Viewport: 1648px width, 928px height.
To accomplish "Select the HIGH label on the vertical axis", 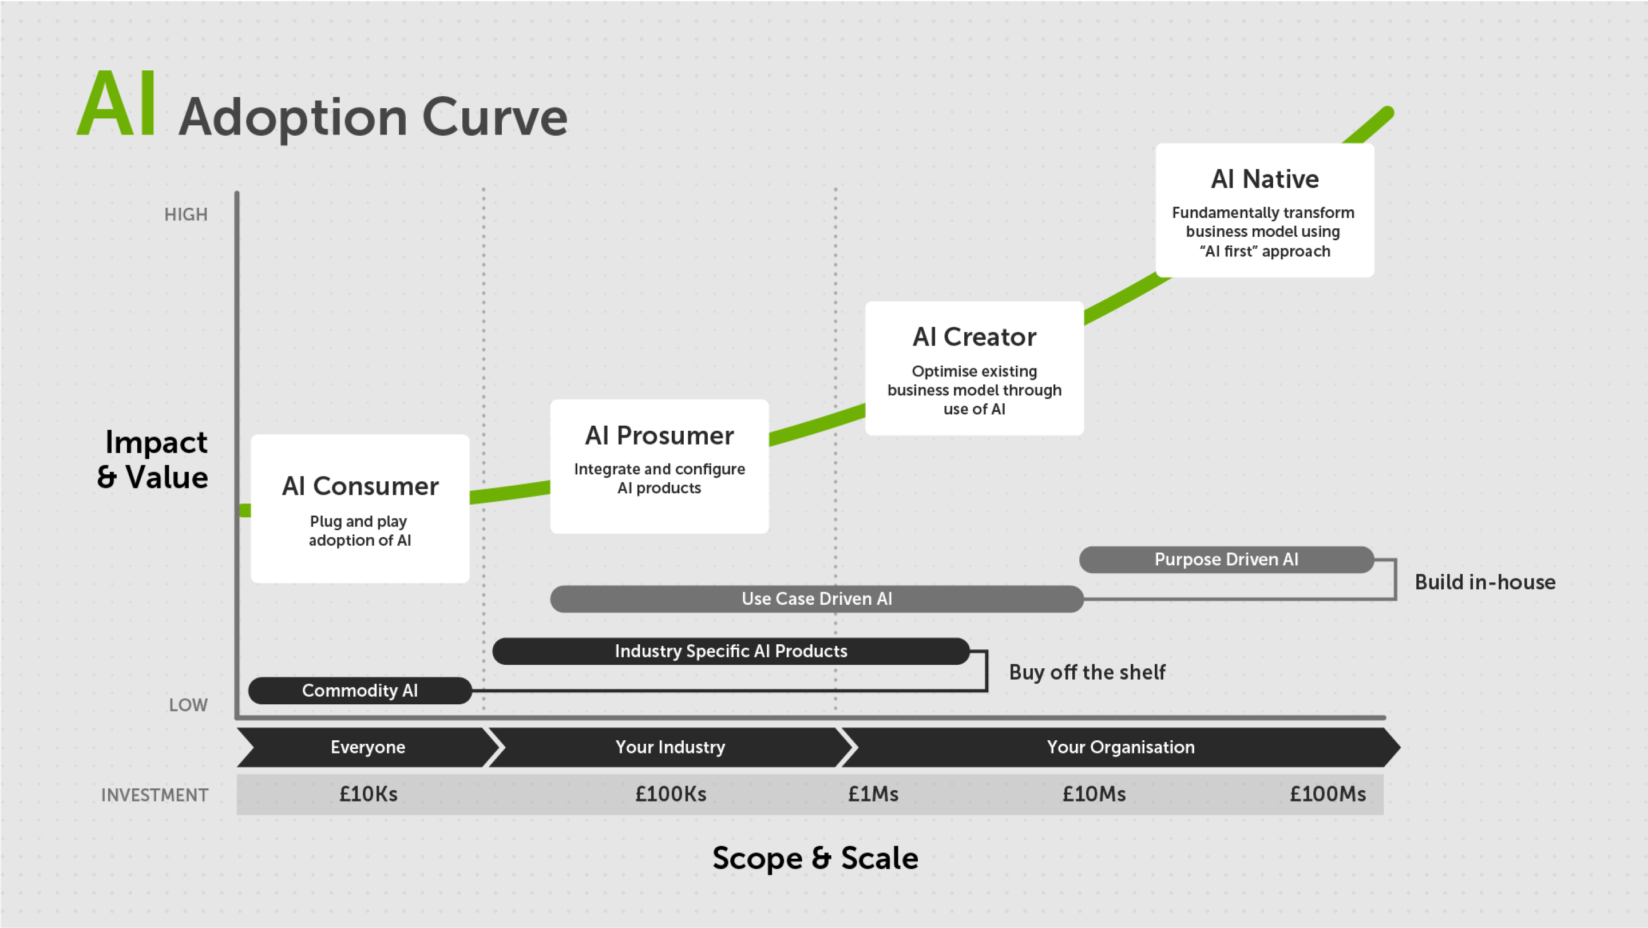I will click(x=185, y=214).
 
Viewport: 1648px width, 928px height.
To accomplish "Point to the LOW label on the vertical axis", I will click(x=188, y=705).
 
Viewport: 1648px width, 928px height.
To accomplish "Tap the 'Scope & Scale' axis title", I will click(x=815, y=858).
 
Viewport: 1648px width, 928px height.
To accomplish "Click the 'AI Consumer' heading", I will click(x=360, y=487).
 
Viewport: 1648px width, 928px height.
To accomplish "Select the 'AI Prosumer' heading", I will click(x=659, y=435).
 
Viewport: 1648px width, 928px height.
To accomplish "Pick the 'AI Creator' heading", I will click(x=974, y=337).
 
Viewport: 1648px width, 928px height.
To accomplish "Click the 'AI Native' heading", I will click(x=1264, y=179).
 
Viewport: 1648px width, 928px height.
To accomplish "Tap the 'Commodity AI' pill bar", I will click(x=359, y=691).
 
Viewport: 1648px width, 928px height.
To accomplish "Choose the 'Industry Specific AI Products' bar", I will click(x=731, y=651).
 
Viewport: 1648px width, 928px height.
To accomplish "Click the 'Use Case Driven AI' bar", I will click(x=817, y=598).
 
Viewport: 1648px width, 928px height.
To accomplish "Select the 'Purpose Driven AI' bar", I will click(x=1226, y=560).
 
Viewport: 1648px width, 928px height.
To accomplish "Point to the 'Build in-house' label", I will click(x=1484, y=582).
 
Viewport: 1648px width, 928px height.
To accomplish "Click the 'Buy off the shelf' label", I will click(x=1087, y=672).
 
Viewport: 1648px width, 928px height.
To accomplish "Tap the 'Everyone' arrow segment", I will click(x=367, y=747).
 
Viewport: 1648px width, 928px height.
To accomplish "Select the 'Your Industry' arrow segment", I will click(x=670, y=747).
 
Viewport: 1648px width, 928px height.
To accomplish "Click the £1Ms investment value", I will click(x=873, y=794).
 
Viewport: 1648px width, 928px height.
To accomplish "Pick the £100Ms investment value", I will click(x=1327, y=794).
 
